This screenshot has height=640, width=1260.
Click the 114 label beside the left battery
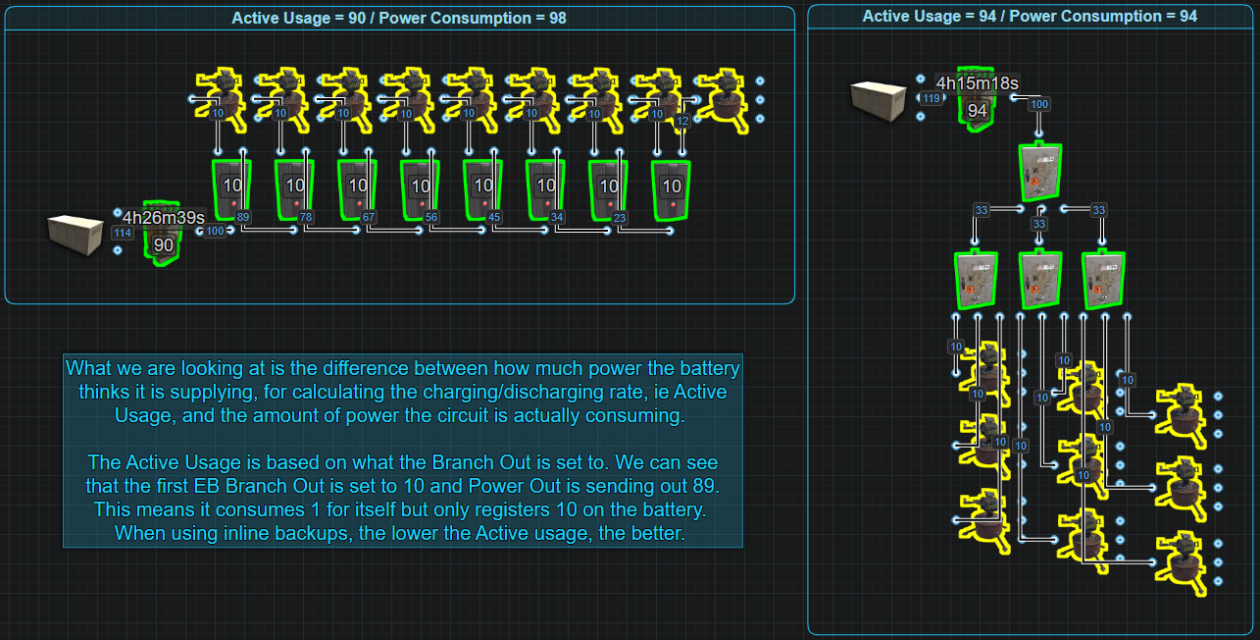click(123, 233)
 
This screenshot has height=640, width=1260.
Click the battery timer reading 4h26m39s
click(164, 218)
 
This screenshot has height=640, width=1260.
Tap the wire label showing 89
click(243, 217)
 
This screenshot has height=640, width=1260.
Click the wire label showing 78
click(306, 217)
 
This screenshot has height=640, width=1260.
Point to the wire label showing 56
click(431, 217)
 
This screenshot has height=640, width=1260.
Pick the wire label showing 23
click(620, 217)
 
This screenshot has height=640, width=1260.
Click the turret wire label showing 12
click(683, 122)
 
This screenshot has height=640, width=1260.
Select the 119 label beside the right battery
click(930, 98)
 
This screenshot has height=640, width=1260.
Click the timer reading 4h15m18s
click(977, 83)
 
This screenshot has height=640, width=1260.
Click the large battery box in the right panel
click(878, 101)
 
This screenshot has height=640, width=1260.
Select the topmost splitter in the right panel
click(1040, 173)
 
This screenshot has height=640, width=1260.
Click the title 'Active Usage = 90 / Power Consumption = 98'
click(399, 18)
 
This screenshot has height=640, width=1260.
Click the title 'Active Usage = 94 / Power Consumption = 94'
click(1030, 17)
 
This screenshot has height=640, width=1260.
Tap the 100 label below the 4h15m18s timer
click(1039, 104)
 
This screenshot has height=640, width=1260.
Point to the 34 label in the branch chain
click(557, 217)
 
